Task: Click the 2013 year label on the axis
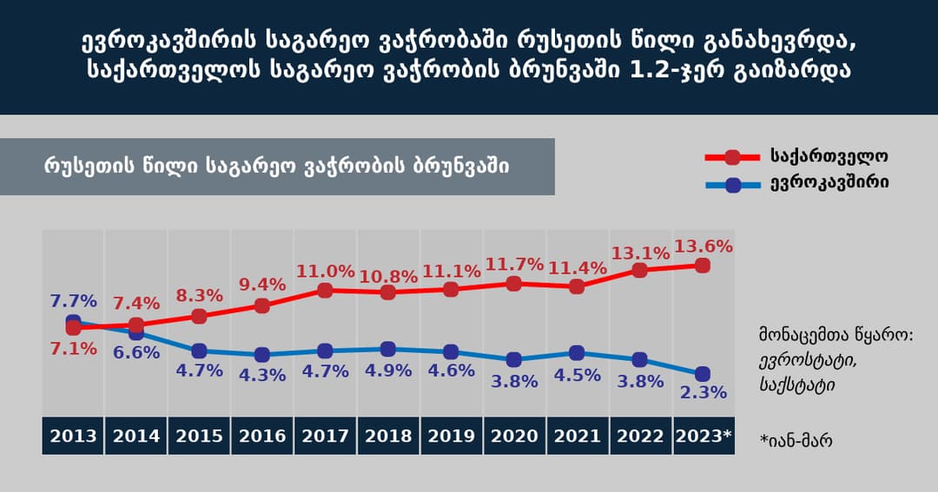[x=73, y=436]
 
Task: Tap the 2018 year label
[x=388, y=436]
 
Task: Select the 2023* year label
[x=703, y=436]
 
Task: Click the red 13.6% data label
[x=704, y=246]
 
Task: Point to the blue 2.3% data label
[x=703, y=392]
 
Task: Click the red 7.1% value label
[x=73, y=349]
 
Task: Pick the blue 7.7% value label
[x=73, y=302]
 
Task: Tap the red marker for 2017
[x=325, y=290]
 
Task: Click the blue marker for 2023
[x=703, y=373]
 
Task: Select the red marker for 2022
[x=640, y=270]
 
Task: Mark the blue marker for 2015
[x=199, y=351]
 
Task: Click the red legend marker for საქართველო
[x=732, y=157]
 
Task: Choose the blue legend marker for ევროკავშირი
[x=732, y=184]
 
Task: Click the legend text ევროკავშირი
[x=829, y=184]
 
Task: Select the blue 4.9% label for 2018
[x=388, y=371]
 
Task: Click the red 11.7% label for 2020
[x=514, y=265]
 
